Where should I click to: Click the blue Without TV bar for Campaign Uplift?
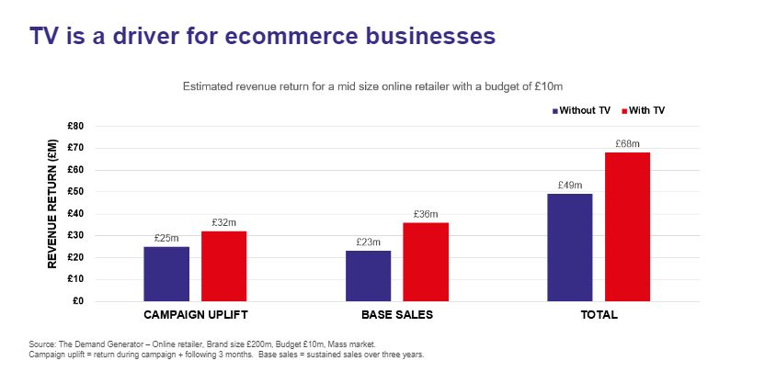[166, 274]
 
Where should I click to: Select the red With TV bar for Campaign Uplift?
[223, 266]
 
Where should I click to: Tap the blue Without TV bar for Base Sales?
[368, 276]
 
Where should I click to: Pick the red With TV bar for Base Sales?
[425, 262]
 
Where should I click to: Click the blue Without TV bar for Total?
[569, 247]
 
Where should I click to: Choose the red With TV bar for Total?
[627, 226]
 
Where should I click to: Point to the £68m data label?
[627, 144]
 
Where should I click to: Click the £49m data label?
[569, 186]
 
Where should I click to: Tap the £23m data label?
[368, 243]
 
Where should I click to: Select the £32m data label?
[223, 223]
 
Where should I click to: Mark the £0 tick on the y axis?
[78, 301]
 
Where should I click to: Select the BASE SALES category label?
[396, 315]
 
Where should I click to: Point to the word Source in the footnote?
[41, 344]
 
